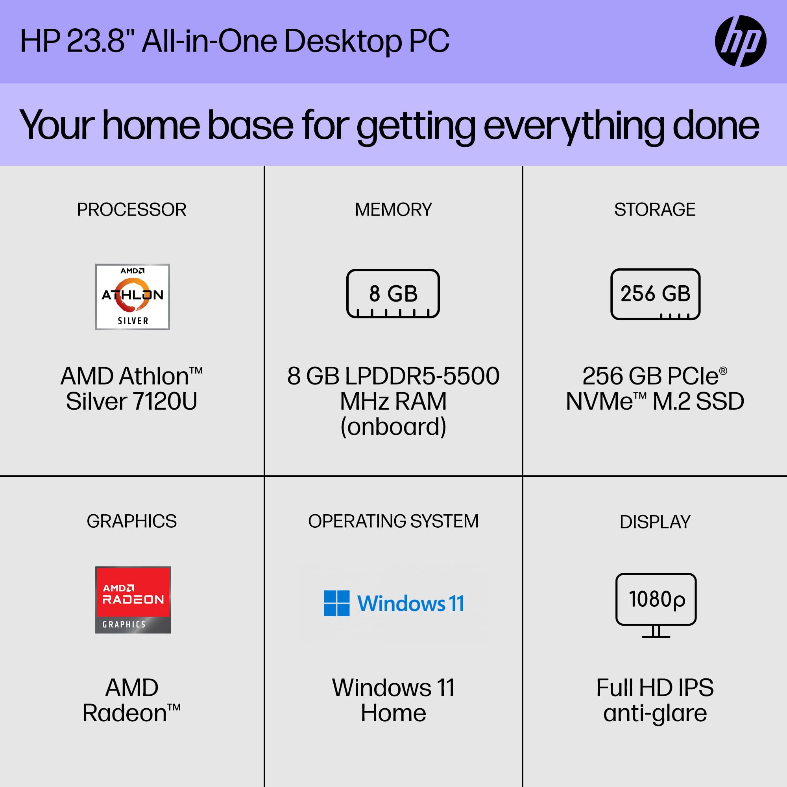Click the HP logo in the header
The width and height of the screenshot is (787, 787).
tap(740, 41)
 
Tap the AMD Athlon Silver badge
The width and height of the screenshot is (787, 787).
tap(132, 297)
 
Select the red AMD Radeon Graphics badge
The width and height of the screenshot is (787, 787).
tap(133, 600)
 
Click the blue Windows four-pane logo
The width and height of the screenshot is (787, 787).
tap(336, 603)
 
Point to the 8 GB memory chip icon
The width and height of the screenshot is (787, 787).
tap(393, 293)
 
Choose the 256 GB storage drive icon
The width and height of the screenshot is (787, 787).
tap(655, 294)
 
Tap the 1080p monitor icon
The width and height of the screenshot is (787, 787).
tap(656, 604)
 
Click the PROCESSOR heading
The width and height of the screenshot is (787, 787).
tap(131, 210)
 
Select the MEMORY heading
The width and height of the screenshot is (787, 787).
tap(393, 210)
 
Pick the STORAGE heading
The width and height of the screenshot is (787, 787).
tap(655, 210)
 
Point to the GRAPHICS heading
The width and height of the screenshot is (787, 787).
tap(131, 521)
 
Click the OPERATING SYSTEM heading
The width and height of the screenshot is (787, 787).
tap(393, 521)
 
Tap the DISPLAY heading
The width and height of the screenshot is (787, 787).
tap(655, 522)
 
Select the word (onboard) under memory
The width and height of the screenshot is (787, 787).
tap(393, 427)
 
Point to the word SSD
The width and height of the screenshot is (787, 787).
tap(720, 401)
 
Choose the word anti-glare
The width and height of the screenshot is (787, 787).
tap(655, 713)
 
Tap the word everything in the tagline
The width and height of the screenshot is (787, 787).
tap(575, 126)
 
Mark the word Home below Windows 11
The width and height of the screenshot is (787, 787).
tap(393, 713)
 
